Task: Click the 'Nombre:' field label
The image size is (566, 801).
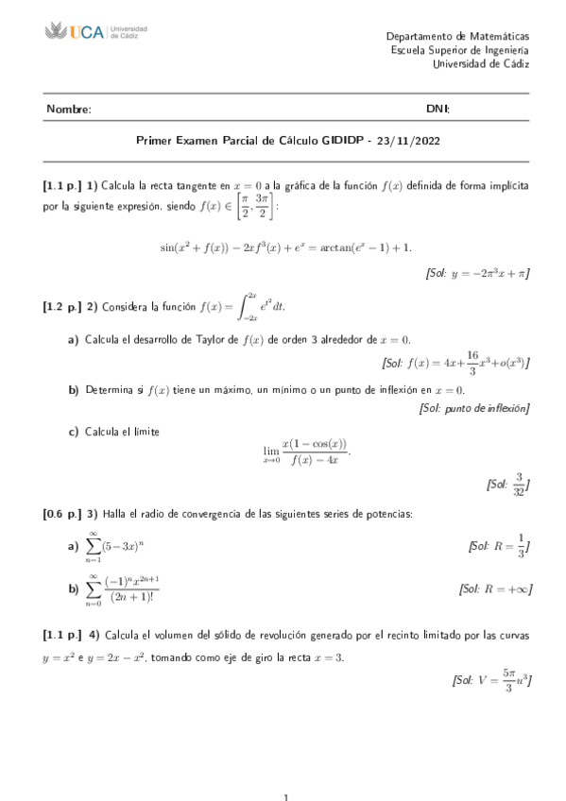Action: [68, 110]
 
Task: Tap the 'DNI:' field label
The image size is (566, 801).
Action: [438, 110]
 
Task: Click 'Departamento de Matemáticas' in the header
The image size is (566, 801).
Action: [458, 35]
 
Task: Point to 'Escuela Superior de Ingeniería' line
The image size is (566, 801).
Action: [458, 49]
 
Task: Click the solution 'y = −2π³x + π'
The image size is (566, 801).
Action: [476, 274]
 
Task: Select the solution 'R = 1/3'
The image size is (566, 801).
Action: [498, 546]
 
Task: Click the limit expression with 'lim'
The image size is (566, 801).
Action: [306, 452]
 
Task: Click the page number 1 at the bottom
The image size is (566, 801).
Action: [284, 796]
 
